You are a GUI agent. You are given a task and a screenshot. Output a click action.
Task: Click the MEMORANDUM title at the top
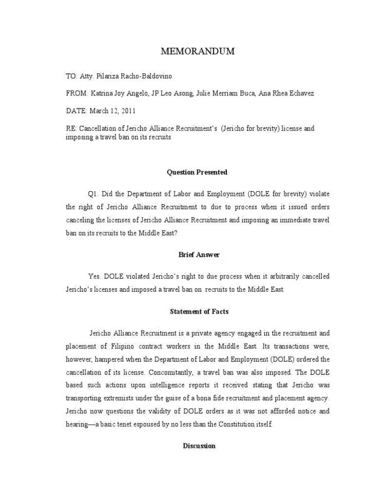coord(197,52)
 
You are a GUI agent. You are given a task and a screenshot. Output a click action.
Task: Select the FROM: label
coord(76,93)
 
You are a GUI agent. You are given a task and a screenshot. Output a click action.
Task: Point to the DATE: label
coord(76,110)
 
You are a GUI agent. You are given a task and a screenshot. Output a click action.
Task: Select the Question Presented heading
coord(197,172)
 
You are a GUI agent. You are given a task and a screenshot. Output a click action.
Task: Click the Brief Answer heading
coord(197,255)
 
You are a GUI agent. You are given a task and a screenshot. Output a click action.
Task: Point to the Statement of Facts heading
coord(197,311)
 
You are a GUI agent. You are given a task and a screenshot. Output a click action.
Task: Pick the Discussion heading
coord(199,445)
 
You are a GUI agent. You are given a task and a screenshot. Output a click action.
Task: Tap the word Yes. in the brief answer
coord(95,276)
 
